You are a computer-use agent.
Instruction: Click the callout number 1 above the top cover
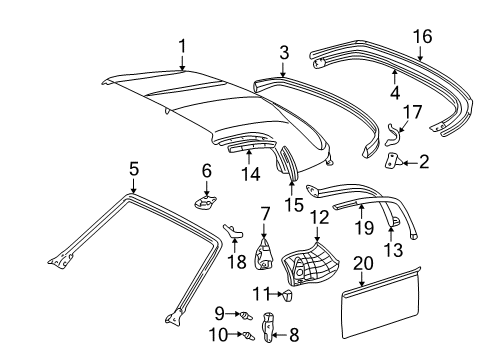tap(182, 46)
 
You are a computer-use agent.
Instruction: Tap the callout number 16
tap(422, 36)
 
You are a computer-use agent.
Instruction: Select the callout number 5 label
tap(133, 169)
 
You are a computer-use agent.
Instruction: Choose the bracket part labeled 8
tap(268, 325)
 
